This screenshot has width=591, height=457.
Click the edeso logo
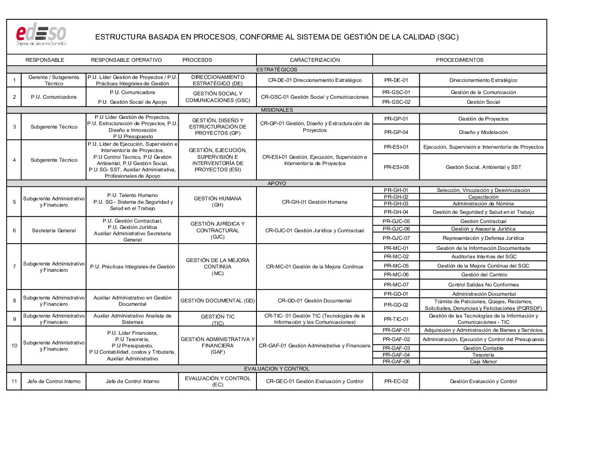click(41, 34)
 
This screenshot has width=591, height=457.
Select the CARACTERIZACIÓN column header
click(315, 60)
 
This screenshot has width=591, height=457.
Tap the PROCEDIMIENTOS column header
click(460, 60)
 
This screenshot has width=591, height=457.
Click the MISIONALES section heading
click(277, 110)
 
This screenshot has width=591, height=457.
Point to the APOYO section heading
click(277, 184)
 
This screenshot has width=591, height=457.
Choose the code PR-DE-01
click(396, 80)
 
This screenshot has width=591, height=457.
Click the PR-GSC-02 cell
click(396, 102)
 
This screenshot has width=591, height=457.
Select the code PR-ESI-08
click(396, 167)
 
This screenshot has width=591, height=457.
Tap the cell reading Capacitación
click(483, 197)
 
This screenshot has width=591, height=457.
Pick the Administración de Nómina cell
click(483, 204)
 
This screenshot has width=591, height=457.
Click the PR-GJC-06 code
click(396, 229)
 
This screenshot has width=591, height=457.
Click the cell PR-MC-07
click(396, 285)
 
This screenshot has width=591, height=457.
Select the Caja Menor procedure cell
click(483, 362)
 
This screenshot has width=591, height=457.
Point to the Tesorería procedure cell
click(483, 355)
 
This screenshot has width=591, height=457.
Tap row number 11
click(14, 381)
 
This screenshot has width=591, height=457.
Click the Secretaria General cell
click(54, 231)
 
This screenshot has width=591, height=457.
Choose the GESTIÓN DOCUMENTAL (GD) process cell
click(217, 301)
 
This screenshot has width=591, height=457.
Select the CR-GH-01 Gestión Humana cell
click(314, 202)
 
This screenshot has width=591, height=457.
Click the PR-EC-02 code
click(396, 381)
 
